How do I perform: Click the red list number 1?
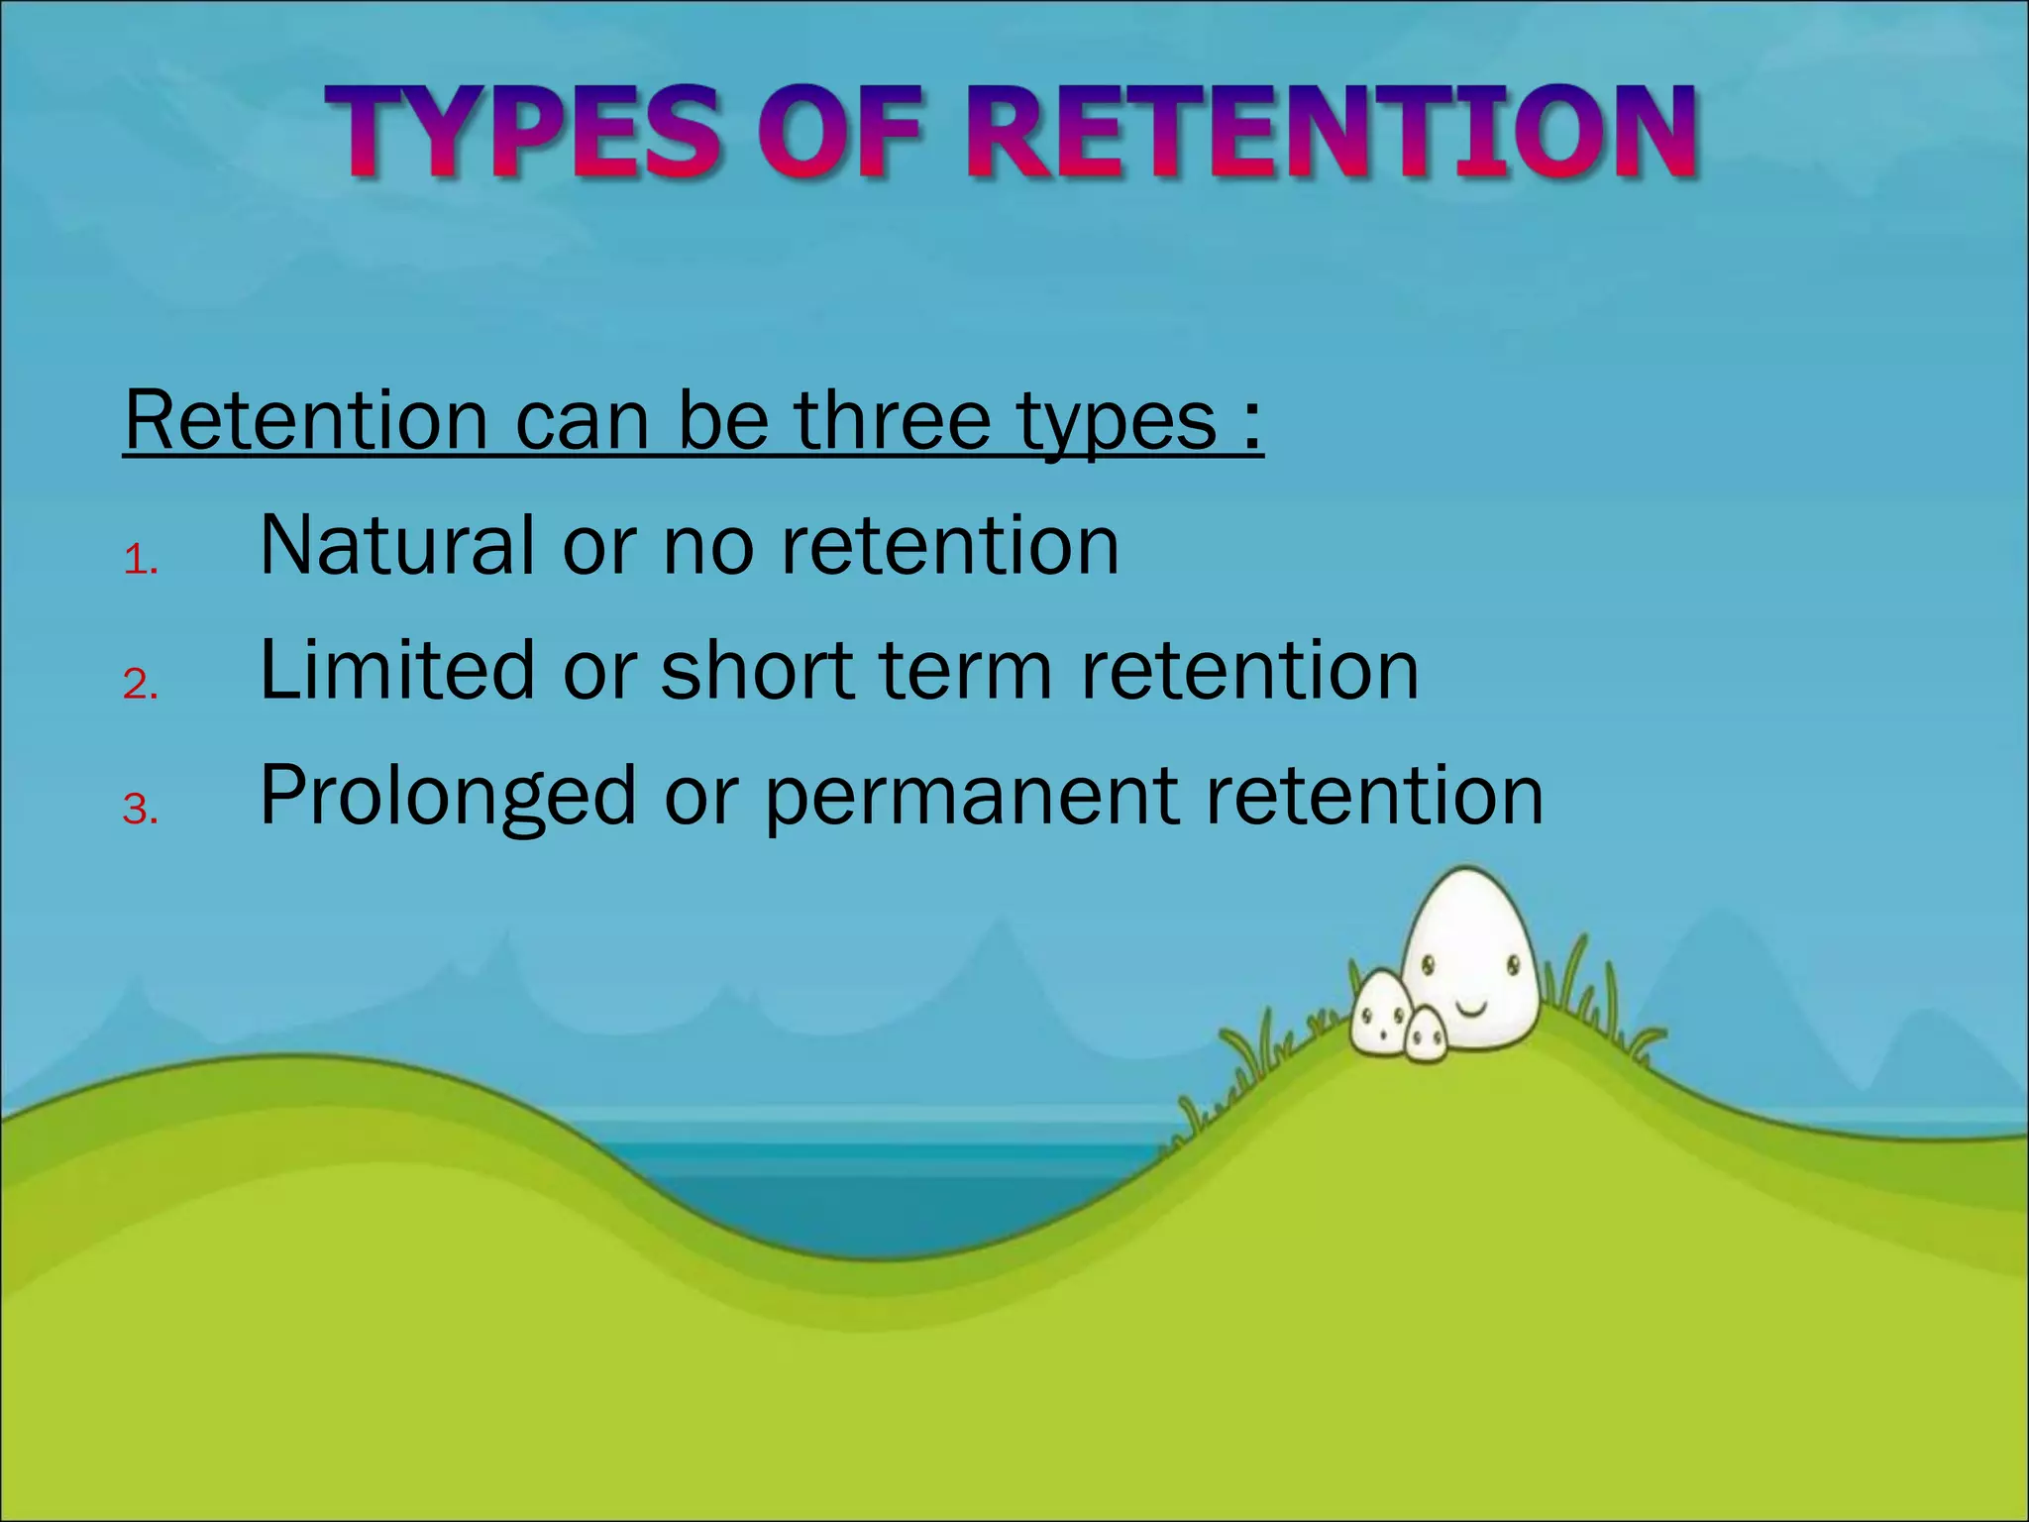139,562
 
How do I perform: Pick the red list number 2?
139,685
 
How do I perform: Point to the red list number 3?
139,810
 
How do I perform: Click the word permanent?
972,796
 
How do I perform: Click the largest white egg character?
1470,951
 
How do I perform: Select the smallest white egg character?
1426,1035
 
